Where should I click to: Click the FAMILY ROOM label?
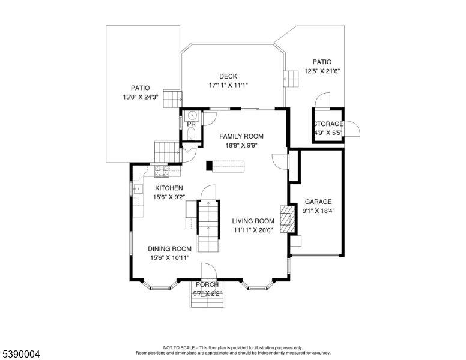(x=241, y=136)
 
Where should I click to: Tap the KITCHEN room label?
(x=152, y=188)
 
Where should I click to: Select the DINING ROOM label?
(x=170, y=248)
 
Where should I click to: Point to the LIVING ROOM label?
(x=253, y=221)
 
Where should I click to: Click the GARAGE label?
(x=318, y=202)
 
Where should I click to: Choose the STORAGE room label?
(x=328, y=124)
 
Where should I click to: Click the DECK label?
(x=228, y=76)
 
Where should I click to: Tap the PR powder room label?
(x=191, y=124)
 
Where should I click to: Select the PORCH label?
(x=207, y=284)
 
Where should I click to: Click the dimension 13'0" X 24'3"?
(x=141, y=97)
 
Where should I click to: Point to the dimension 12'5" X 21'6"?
(x=322, y=71)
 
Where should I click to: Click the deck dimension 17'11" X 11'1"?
(x=228, y=85)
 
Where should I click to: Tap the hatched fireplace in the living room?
(x=288, y=219)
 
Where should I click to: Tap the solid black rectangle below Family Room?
(x=225, y=166)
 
